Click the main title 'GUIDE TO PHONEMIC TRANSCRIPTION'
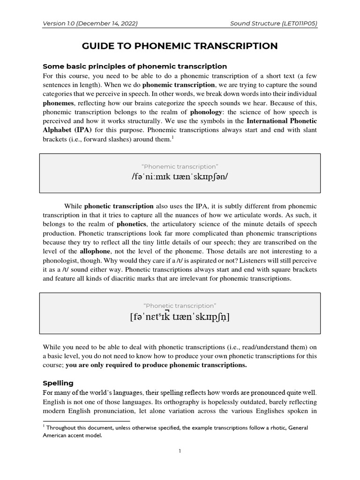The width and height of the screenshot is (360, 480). coord(180,45)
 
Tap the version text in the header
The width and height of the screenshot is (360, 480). coord(90,23)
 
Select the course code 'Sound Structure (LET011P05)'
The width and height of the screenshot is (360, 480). coord(274,23)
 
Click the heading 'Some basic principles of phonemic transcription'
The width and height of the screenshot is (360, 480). coord(135,66)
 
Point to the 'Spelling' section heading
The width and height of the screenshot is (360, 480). coord(58,383)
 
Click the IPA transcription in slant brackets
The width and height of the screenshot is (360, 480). coord(180,177)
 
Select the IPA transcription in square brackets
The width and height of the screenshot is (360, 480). coord(180,317)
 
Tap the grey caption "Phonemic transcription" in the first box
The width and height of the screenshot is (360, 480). coord(180,166)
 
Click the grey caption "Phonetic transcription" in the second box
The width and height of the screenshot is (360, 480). coord(180,306)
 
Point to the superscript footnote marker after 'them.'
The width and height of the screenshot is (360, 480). coord(172,138)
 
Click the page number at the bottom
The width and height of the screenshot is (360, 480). coord(180,451)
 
